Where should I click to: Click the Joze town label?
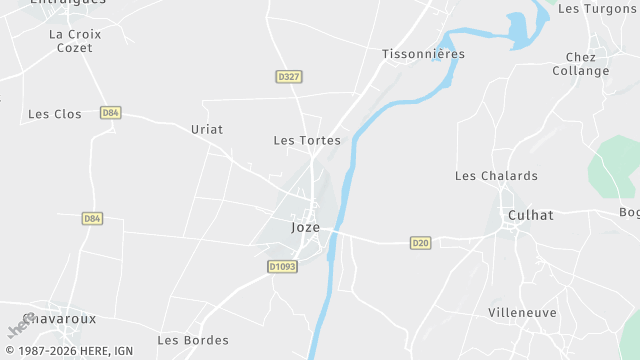306,227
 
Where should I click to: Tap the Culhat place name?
530,215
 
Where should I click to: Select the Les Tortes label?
307,140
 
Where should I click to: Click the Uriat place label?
207,129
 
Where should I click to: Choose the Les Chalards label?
496,176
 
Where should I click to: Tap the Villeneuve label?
523,313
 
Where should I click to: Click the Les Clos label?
55,114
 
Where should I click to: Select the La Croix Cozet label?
75,41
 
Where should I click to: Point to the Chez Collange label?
581,64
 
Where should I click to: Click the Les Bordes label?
193,340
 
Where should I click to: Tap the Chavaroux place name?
59,318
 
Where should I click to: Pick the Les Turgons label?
598,8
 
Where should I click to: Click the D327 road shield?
289,77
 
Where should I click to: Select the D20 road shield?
421,243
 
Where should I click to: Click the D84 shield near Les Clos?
111,113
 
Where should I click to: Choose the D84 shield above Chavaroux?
92,218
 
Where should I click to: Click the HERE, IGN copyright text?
67,351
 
